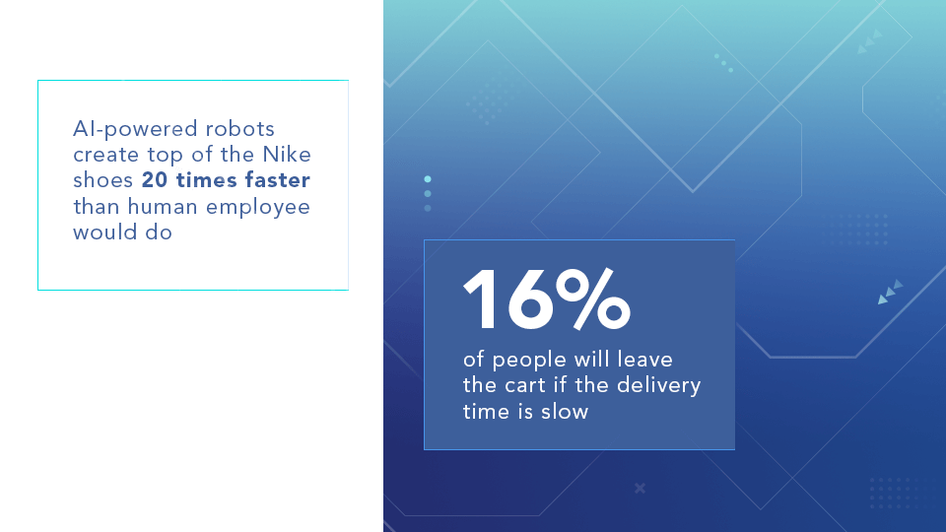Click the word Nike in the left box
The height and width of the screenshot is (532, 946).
click(287, 155)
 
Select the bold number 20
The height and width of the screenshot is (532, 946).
click(155, 179)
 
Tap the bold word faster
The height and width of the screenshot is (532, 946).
click(277, 179)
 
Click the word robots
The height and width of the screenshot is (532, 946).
click(240, 128)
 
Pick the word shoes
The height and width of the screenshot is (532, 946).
click(103, 179)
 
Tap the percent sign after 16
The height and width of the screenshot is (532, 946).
click(593, 299)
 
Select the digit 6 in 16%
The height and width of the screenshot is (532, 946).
click(530, 299)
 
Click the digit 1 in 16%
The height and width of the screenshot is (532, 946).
click(480, 299)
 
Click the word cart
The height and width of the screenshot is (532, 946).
click(525, 385)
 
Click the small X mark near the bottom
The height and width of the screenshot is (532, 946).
click(641, 488)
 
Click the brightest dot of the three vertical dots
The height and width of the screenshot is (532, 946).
click(428, 179)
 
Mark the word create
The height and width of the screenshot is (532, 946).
click(106, 155)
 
